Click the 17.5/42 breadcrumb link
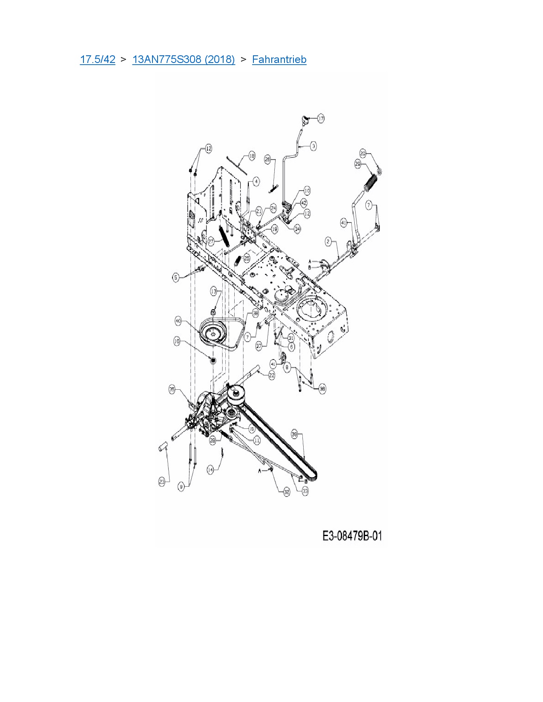click(x=98, y=60)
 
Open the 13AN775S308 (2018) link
click(x=184, y=60)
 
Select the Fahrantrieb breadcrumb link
click(x=279, y=60)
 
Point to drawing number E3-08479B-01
click(x=352, y=536)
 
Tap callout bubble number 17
click(x=321, y=118)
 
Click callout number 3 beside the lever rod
click(x=313, y=146)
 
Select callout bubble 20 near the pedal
click(x=363, y=153)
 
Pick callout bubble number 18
click(x=252, y=156)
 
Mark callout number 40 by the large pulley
click(x=178, y=320)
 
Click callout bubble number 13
click(x=214, y=291)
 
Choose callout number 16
click(x=177, y=341)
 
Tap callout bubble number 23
click(x=162, y=482)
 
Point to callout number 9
click(x=182, y=487)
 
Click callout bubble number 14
click(x=210, y=470)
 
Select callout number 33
click(x=305, y=491)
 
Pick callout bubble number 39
click(x=294, y=434)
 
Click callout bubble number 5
click(x=176, y=277)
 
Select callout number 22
click(x=272, y=375)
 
